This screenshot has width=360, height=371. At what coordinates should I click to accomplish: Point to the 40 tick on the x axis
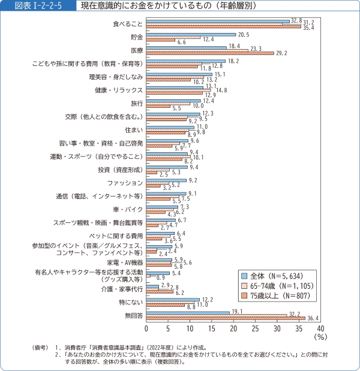(320, 328)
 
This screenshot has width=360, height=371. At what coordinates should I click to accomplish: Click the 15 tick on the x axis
(212, 328)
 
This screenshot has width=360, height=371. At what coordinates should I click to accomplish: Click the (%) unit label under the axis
(320, 337)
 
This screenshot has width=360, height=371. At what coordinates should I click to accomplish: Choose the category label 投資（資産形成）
(119, 170)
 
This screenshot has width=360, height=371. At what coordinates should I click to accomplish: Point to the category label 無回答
(133, 315)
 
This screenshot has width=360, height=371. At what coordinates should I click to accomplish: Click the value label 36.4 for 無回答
(313, 318)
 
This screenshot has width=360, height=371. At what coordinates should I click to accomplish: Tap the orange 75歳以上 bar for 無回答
(226, 318)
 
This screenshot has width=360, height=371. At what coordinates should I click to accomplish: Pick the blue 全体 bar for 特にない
(173, 299)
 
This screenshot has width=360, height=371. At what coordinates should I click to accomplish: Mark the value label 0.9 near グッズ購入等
(161, 279)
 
